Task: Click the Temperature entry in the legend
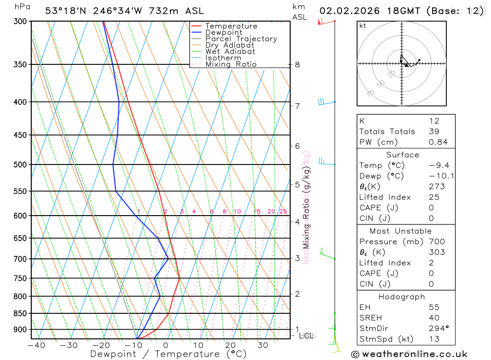pos(231,26)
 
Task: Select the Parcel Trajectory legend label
pos(241,39)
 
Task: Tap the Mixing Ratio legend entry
pos(231,64)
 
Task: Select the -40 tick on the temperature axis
pos(36,345)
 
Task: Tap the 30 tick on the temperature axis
pos(262,345)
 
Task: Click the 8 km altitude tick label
pos(297,64)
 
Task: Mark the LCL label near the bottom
pos(306,336)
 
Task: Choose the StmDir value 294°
pos(438,329)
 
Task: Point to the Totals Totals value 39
pos(434,131)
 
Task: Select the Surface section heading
pos(403,155)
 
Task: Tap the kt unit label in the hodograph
pos(362,26)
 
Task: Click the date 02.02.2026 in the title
pos(346,11)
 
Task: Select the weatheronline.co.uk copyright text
pos(409,354)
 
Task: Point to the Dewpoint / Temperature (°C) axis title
pos(168,354)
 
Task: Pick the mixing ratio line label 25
pos(283,212)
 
